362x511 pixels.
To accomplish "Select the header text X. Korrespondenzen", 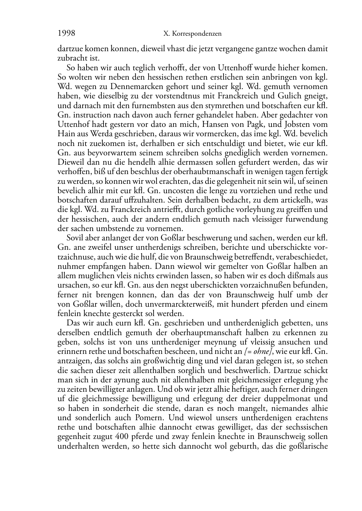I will (193, 34).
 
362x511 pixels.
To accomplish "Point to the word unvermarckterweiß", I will (184, 304).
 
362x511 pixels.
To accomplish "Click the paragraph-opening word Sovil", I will (75, 238).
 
